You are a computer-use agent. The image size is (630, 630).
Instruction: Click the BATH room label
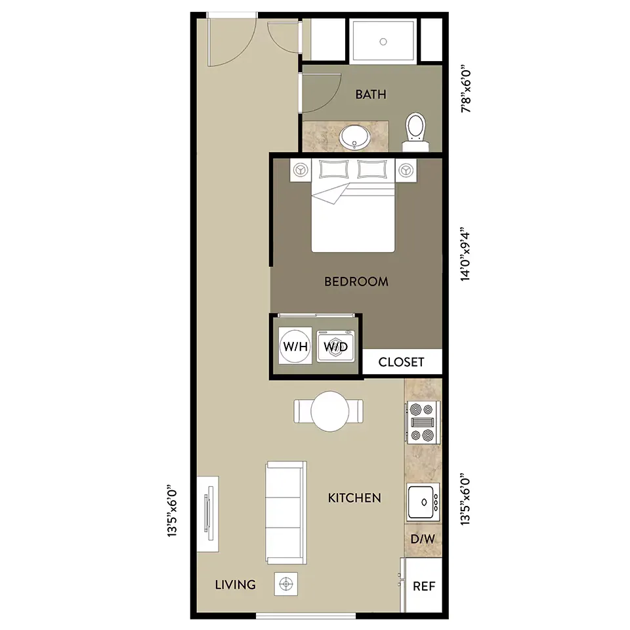[x=370, y=94]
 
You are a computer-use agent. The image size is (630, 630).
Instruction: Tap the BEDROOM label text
[x=356, y=282]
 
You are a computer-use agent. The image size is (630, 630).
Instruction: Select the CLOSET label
[x=401, y=362]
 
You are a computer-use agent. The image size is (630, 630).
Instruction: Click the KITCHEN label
[x=354, y=498]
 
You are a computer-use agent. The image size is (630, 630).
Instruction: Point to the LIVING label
[x=235, y=585]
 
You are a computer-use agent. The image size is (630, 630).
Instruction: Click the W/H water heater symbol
[x=295, y=346]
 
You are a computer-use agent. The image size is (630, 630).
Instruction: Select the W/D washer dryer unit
[x=336, y=346]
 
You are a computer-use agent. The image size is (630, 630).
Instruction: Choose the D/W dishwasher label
[x=423, y=539]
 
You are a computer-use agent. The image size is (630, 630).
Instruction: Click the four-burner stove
[x=423, y=423]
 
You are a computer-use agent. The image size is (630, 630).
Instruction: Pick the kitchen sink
[x=423, y=502]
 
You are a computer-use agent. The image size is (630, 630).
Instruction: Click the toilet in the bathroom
[x=415, y=131]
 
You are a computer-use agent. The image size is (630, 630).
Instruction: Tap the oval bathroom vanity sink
[x=354, y=136]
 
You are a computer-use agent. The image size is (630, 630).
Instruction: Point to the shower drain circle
[x=383, y=41]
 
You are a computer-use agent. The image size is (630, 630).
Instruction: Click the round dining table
[x=329, y=411]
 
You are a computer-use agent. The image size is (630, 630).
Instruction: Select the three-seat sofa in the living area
[x=286, y=513]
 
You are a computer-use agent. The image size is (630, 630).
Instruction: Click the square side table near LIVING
[x=286, y=584]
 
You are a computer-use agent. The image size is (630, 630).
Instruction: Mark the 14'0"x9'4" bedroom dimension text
[x=465, y=257]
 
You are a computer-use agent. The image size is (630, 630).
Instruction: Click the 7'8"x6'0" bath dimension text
[x=466, y=89]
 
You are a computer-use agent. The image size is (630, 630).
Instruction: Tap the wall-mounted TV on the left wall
[x=208, y=514]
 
